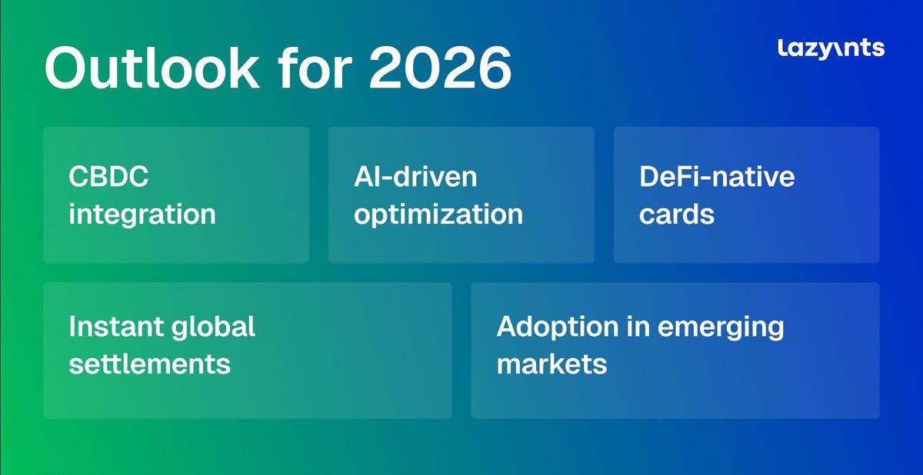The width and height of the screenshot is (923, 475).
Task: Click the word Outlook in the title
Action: tap(152, 67)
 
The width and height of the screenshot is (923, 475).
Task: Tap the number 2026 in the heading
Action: tap(440, 67)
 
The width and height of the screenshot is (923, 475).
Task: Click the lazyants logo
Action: tap(831, 49)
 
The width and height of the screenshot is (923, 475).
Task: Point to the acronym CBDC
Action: tap(108, 176)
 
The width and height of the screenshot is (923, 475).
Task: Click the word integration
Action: tap(142, 215)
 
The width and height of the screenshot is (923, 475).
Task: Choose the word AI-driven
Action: tap(415, 176)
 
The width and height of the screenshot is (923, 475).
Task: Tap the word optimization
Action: tap(438, 215)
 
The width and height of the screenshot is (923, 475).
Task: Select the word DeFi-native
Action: tap(717, 176)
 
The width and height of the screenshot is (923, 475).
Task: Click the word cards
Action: tap(677, 214)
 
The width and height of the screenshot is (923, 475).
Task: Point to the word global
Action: tap(213, 328)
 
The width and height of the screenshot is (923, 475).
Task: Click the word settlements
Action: tap(149, 364)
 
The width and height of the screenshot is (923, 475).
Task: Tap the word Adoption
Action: tap(558, 328)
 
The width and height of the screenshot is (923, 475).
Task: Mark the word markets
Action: tap(551, 364)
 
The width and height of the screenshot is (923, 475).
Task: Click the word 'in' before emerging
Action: tap(638, 327)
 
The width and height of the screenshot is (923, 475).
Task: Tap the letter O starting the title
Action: tap(70, 68)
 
